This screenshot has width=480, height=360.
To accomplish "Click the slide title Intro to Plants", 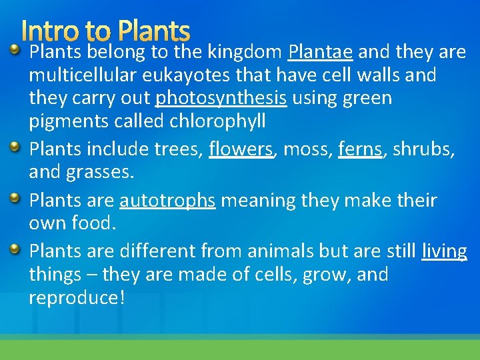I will [105, 31].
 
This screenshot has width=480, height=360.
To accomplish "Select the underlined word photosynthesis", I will [221, 99].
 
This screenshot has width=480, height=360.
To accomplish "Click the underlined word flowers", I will [241, 150].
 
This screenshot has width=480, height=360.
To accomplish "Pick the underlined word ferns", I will [361, 150].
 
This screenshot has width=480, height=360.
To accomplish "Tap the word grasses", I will [100, 173].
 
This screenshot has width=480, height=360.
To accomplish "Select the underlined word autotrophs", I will [167, 200].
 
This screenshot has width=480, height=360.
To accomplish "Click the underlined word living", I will [445, 251].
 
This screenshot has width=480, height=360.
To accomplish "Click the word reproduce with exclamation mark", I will [77, 298].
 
